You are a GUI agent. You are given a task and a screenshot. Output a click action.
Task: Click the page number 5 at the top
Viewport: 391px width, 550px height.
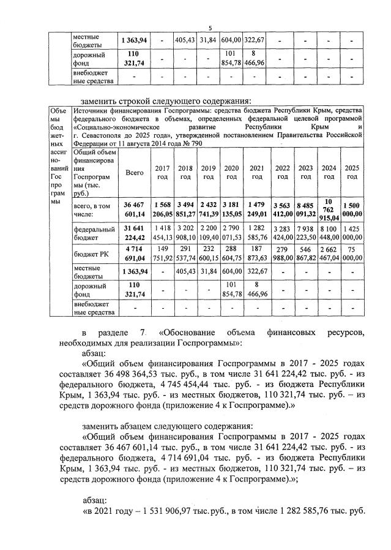210,28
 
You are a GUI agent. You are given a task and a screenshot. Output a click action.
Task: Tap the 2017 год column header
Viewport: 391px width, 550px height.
162,173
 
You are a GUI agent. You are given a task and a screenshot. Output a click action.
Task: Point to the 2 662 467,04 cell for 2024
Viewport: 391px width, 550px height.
328,254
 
